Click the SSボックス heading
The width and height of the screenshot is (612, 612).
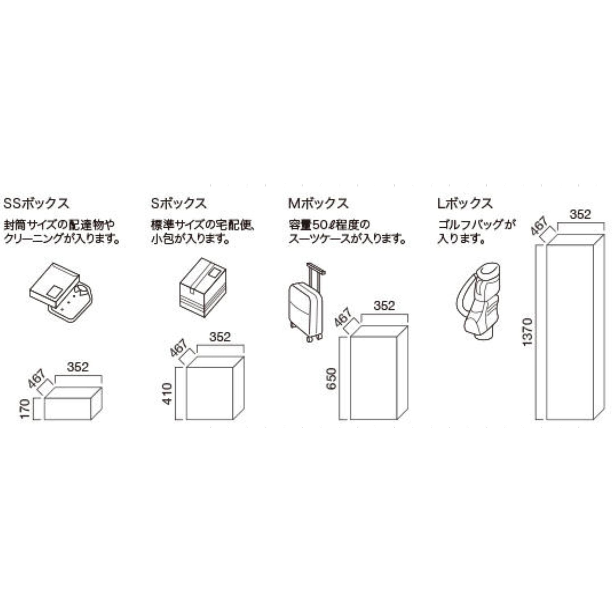(x=36, y=204)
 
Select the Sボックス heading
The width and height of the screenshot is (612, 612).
(x=179, y=204)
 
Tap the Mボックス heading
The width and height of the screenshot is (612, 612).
(x=318, y=204)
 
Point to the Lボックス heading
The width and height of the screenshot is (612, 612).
(x=465, y=204)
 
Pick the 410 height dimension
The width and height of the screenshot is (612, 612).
(x=168, y=394)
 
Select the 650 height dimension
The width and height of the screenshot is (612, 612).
(x=331, y=378)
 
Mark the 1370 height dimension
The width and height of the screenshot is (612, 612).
(x=527, y=332)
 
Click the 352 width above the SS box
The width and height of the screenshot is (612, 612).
(x=78, y=367)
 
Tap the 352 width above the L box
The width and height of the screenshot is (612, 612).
(x=580, y=214)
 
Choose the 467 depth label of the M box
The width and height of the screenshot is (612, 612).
(x=342, y=317)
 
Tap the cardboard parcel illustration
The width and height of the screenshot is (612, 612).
(x=202, y=287)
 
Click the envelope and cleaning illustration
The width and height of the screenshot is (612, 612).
(x=61, y=292)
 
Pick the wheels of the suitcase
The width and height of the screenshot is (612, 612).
(x=313, y=338)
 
